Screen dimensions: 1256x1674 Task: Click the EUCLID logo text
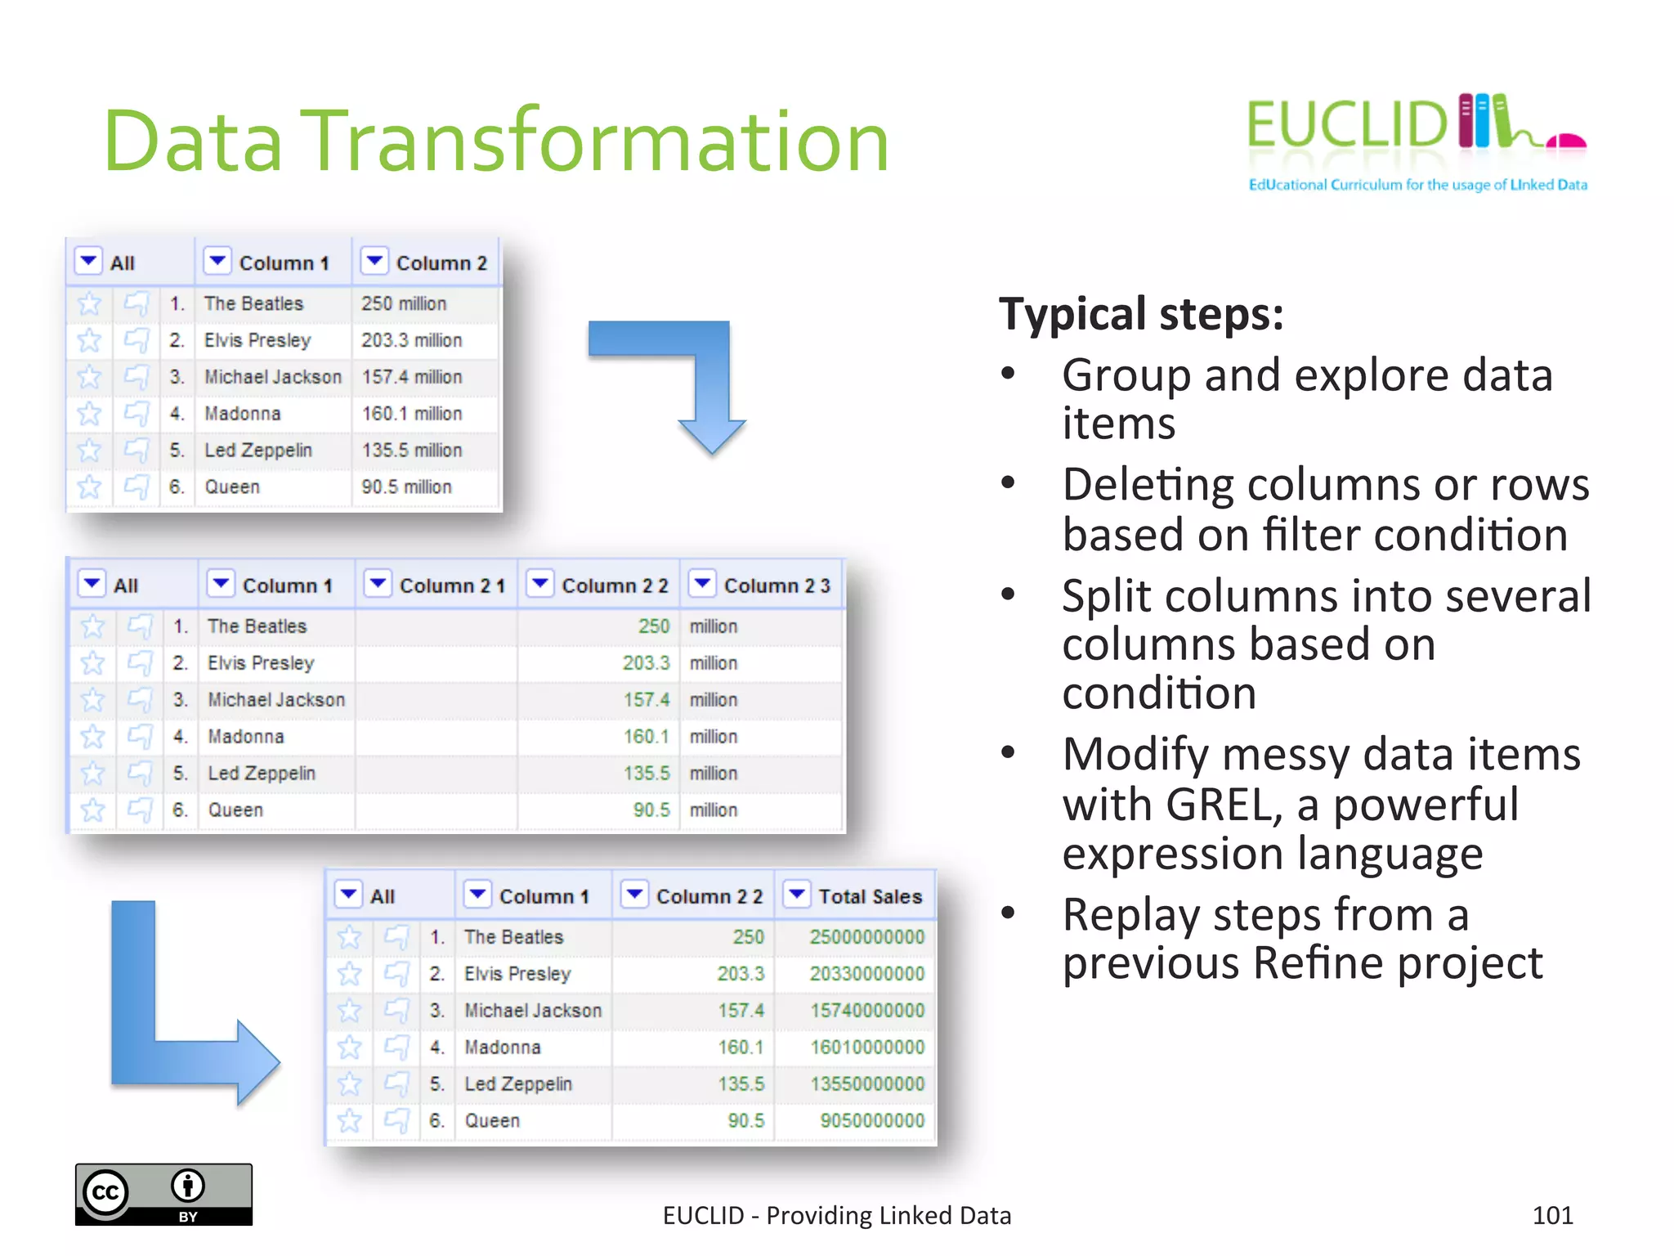pos(1346,125)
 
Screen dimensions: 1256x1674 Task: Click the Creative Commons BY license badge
pos(163,1194)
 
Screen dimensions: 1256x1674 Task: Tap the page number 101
pos(1552,1215)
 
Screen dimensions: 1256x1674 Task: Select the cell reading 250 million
pos(404,303)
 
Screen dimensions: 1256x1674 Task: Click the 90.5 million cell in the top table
pos(406,487)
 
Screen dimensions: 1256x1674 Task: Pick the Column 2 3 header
pos(776,585)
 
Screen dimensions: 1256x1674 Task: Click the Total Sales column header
pos(870,896)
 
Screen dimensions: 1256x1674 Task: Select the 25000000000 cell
pos(866,937)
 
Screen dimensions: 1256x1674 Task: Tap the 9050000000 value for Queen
pos(871,1120)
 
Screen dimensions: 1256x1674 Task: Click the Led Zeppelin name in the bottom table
pos(517,1083)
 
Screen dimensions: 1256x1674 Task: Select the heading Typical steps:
pos(1141,314)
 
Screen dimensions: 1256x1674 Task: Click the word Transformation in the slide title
pos(595,141)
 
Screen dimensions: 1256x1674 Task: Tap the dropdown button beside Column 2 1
pos(378,584)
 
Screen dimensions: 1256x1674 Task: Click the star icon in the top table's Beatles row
pos(89,304)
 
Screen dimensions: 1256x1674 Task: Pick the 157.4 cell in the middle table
pos(646,700)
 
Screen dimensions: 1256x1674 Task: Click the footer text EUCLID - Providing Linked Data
pos(836,1215)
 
